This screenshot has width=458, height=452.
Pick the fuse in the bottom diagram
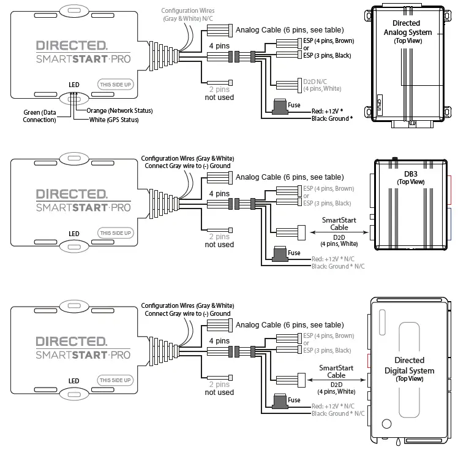[x=281, y=402]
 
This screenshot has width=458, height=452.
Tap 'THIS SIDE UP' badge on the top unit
[x=115, y=85]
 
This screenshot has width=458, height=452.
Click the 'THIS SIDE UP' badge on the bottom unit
[x=115, y=380]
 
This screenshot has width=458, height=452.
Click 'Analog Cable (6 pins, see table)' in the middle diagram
[x=290, y=177]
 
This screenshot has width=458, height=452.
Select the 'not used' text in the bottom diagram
[x=219, y=393]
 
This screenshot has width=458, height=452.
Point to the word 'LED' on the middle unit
[x=73, y=234]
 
